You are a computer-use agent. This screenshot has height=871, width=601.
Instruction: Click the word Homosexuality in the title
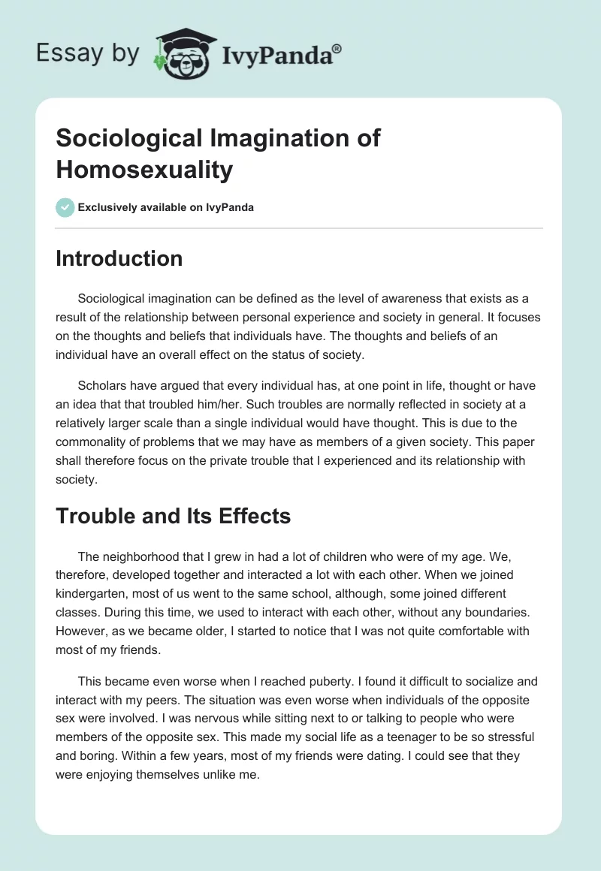(144, 170)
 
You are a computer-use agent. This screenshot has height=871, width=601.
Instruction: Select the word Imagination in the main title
(273, 138)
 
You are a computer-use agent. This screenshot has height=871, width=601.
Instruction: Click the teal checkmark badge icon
(65, 207)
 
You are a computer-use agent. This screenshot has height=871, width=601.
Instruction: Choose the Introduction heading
(119, 258)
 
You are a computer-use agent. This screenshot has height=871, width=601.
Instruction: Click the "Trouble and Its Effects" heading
(173, 516)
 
